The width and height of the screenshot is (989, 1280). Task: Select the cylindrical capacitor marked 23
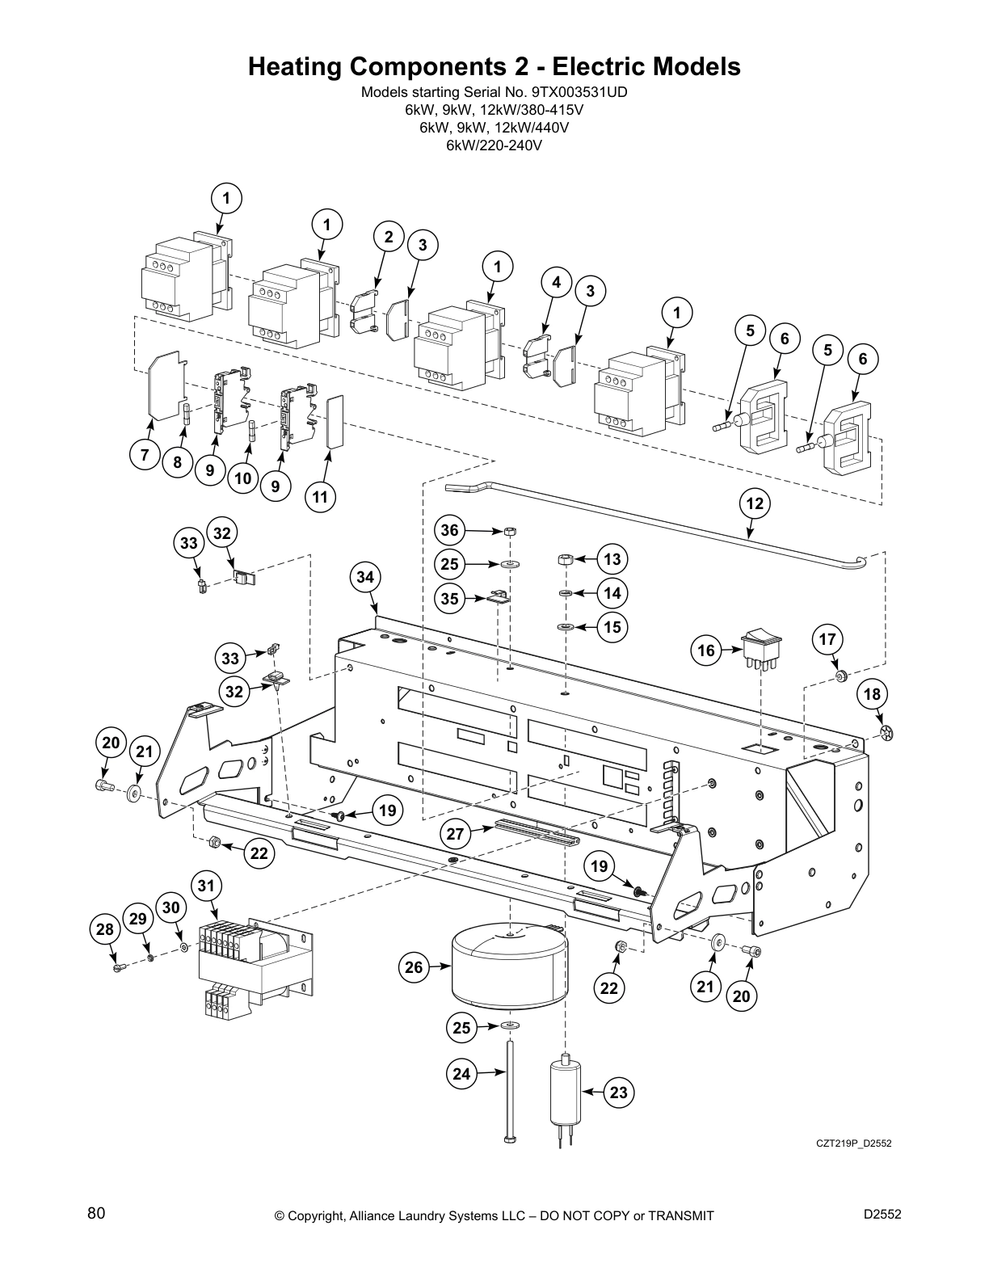coord(565,1093)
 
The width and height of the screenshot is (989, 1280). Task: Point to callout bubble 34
coord(366,577)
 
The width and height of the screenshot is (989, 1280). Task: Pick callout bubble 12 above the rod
coord(754,503)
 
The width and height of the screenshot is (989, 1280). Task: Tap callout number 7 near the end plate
coord(145,455)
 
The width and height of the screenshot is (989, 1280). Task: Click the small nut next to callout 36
coord(510,532)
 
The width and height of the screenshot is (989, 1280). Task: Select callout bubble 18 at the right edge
coord(873,693)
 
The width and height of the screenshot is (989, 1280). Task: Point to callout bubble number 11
coord(321,496)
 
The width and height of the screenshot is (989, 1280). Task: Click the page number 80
coord(96,1213)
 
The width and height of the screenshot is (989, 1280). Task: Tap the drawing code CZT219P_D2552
coord(852,1143)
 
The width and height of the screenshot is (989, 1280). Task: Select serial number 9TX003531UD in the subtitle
coord(579,92)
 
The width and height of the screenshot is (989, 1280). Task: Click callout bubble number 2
coord(389,237)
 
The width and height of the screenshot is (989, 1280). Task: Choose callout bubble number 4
coord(556,282)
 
